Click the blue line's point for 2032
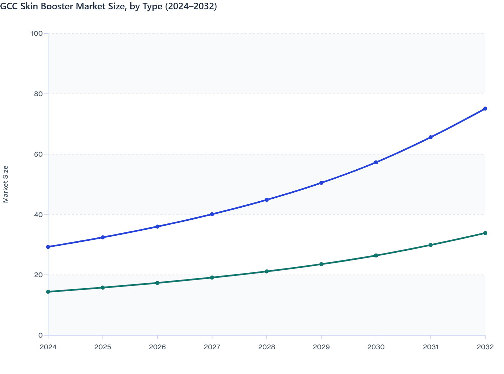pyautogui.click(x=485, y=109)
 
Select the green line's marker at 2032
pyautogui.click(x=485, y=233)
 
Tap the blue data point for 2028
pyautogui.click(x=266, y=200)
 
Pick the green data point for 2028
pyautogui.click(x=266, y=271)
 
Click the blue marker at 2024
pyautogui.click(x=48, y=247)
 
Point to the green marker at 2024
pyautogui.click(x=48, y=292)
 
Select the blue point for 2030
pyautogui.click(x=376, y=162)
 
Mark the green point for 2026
pyautogui.click(x=157, y=283)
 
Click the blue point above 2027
pyautogui.click(x=212, y=214)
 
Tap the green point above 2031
pyautogui.click(x=430, y=245)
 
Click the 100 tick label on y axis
pyautogui.click(x=37, y=33)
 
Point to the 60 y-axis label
pyautogui.click(x=38, y=154)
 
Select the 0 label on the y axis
pyautogui.click(x=40, y=335)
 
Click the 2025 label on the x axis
pyautogui.click(x=103, y=347)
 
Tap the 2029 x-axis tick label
pyautogui.click(x=321, y=347)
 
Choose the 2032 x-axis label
pyautogui.click(x=485, y=347)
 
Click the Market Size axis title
pyautogui.click(x=5, y=184)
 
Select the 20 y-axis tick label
pyautogui.click(x=38, y=275)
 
